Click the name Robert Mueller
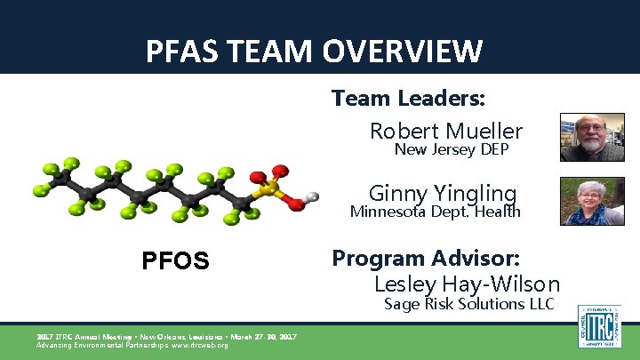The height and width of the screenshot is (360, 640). tap(446, 131)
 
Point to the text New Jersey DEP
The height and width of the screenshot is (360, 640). tap(452, 149)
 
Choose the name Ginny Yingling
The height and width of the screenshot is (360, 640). tap(443, 192)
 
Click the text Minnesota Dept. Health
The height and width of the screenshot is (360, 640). tap(436, 212)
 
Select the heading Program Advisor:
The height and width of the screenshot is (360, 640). tap(426, 258)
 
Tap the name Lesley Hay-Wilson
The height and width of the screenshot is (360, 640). tap(467, 284)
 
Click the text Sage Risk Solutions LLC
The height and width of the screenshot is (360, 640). tap(469, 304)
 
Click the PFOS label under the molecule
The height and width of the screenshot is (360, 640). tap(176, 260)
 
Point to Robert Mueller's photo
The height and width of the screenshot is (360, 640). tap(591, 137)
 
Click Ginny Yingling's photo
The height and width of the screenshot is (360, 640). tap(591, 201)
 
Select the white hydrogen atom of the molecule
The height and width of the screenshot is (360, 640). tap(310, 196)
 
